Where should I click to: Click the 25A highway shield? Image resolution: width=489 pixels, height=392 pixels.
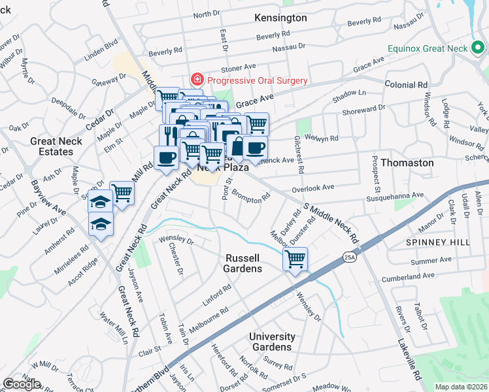click(x=350, y=258)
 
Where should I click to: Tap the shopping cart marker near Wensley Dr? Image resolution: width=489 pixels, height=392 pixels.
click(x=295, y=259)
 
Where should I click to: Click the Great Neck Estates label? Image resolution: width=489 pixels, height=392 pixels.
click(x=56, y=146)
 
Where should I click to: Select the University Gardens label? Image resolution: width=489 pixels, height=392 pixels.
click(x=271, y=342)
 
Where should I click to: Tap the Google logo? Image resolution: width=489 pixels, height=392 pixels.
click(x=22, y=384)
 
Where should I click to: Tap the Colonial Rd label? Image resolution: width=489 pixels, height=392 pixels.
click(x=405, y=85)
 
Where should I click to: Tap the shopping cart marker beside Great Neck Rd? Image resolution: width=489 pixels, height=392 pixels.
click(x=122, y=193)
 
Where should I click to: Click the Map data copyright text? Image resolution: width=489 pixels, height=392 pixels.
click(x=462, y=387)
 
